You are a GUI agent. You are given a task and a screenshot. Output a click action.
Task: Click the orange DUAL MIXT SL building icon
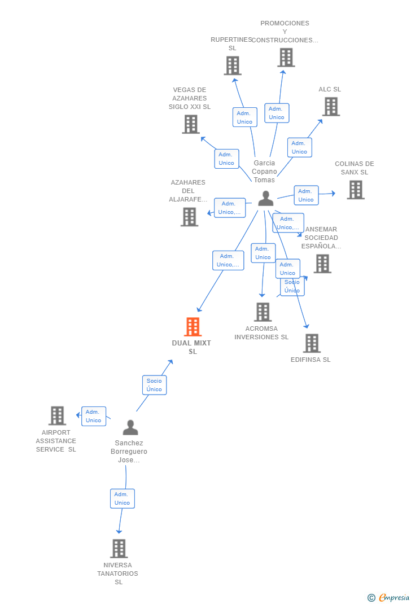tap(193, 326)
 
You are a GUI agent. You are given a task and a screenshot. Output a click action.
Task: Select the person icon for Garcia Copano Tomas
tap(266, 198)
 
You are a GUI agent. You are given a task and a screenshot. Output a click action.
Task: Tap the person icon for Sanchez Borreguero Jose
tap(130, 427)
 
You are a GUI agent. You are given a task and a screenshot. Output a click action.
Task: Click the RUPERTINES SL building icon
tap(233, 65)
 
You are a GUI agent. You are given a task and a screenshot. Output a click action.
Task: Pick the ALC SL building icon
tap(331, 106)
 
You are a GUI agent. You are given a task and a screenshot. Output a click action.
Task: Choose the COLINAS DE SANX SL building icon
tap(356, 190)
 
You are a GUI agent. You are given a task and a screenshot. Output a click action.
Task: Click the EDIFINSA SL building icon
tap(312, 343)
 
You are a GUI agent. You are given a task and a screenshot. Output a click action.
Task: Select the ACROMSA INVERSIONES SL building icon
tap(263, 312)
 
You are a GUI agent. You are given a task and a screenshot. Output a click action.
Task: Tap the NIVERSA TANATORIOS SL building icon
tap(119, 548)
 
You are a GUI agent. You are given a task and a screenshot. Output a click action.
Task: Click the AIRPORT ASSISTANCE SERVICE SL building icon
tap(57, 415)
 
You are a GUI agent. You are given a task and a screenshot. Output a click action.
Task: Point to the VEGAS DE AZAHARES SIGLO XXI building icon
tap(191, 124)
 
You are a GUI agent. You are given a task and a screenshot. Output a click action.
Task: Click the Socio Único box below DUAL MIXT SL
tap(154, 385)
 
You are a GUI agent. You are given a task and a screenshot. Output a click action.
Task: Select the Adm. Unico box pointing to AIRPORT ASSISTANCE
tap(94, 416)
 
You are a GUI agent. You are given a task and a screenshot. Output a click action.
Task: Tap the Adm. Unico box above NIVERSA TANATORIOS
tap(122, 498)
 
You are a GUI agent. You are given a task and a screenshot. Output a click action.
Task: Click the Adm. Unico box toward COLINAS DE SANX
tap(306, 195)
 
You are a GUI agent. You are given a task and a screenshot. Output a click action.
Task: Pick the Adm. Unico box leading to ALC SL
tap(299, 147)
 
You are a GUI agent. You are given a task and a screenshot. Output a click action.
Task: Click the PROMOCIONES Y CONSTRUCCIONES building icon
tap(286, 57)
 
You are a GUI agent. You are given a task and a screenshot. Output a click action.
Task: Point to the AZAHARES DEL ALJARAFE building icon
tap(189, 216)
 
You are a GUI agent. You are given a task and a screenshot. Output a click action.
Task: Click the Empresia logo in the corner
tap(388, 597)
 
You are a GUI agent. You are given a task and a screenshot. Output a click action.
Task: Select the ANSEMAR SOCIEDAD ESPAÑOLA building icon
tap(322, 263)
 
